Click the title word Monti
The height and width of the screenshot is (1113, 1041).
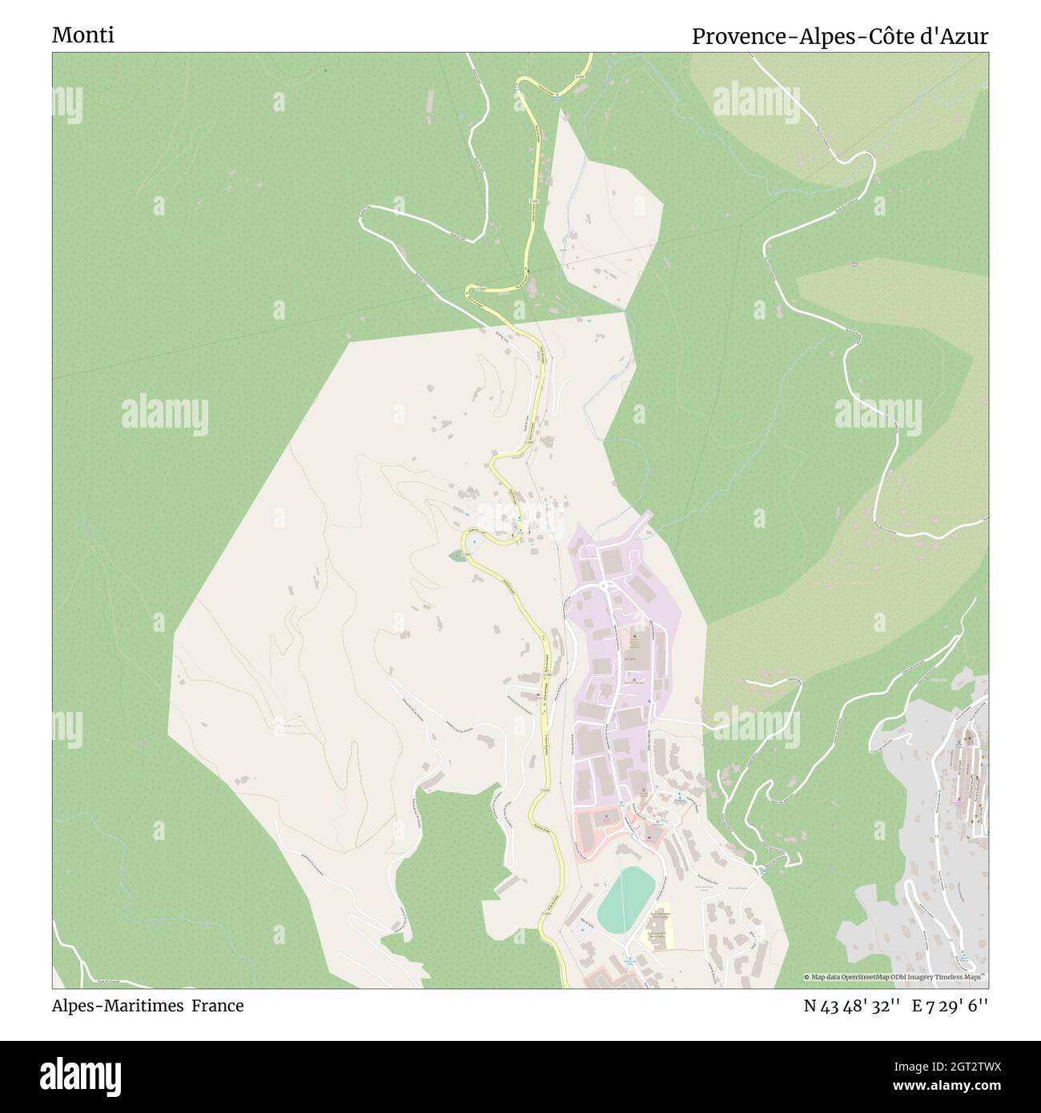tap(83, 36)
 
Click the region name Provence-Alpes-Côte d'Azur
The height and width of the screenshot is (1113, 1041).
tap(839, 36)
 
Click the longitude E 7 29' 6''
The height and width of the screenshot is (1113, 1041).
tap(952, 1006)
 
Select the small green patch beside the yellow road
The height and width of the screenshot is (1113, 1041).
tap(456, 555)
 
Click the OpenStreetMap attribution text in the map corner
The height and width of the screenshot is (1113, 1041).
tap(895, 977)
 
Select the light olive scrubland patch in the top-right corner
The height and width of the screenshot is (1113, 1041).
tap(833, 104)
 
